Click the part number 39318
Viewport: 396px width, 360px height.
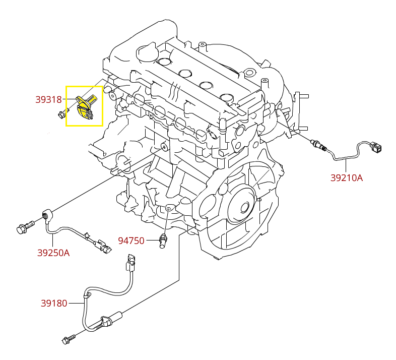tap(48, 100)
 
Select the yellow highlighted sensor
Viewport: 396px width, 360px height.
tap(84, 106)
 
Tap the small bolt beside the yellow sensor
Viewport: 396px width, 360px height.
tap(61, 114)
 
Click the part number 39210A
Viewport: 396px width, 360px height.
tap(346, 177)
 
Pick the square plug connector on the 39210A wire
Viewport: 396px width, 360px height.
tap(376, 148)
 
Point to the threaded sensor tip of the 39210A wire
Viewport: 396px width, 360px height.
tap(318, 143)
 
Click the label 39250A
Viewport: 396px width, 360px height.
tap(53, 253)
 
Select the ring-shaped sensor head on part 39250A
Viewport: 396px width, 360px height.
tap(46, 215)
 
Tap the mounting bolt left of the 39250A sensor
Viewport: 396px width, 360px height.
tap(24, 228)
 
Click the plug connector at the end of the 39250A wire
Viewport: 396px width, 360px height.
tap(104, 247)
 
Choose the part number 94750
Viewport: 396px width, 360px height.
tap(131, 241)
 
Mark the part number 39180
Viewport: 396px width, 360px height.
tap(54, 304)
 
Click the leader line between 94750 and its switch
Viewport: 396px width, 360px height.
tap(151, 241)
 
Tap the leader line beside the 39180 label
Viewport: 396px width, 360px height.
tap(76, 304)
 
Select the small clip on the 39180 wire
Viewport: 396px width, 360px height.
tap(87, 294)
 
